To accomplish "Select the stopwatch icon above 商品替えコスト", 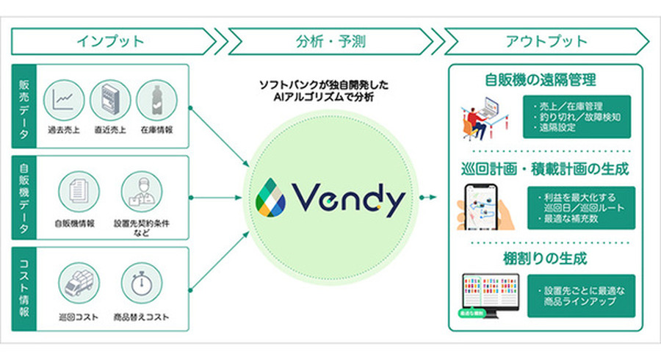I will [x=140, y=283].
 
